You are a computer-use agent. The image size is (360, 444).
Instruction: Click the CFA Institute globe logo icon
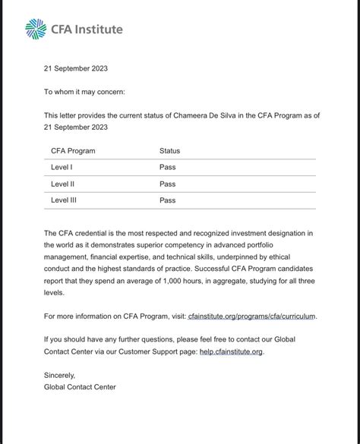(36, 29)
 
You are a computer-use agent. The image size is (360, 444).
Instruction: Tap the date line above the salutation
(76, 68)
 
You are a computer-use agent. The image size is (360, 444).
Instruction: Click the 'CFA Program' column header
(73, 151)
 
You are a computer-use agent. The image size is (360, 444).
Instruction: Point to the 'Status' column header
(169, 151)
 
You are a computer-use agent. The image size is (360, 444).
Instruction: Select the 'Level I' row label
(62, 167)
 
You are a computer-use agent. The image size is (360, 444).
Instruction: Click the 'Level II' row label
(63, 184)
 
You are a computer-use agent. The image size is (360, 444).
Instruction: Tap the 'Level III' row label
(65, 200)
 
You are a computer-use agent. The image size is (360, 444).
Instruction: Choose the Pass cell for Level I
(167, 167)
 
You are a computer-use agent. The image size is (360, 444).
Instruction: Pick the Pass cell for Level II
(167, 184)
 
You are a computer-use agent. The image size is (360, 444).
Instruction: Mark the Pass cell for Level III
(167, 200)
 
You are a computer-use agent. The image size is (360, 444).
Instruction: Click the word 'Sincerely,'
(61, 375)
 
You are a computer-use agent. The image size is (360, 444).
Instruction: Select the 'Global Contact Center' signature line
(80, 387)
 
